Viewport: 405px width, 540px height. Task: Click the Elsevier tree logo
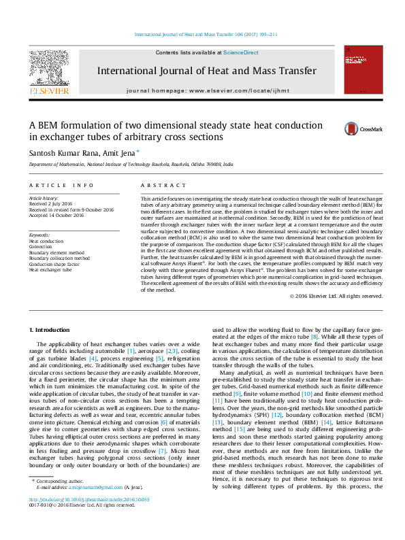[48, 67]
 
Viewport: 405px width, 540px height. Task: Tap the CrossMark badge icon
[334, 129]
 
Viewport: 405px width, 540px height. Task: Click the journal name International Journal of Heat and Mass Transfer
[206, 71]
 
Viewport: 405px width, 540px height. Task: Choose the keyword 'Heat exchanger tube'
[52, 270]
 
